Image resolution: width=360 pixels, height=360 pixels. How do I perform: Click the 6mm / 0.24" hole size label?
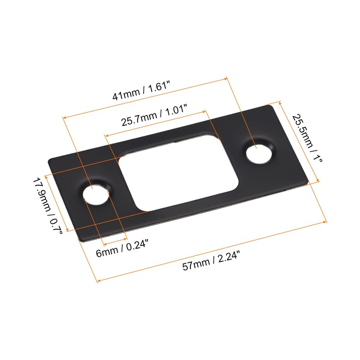pyautogui.click(x=122, y=248)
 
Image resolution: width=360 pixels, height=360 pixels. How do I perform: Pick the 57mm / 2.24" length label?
pyautogui.click(x=211, y=261)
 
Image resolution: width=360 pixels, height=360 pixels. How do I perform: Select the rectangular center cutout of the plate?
pyautogui.click(x=178, y=173)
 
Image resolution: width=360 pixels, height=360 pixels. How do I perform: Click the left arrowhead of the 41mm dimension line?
pyautogui.click(x=64, y=118)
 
